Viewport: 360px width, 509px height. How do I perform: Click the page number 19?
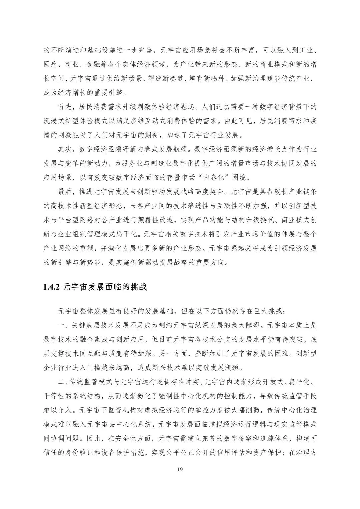pos(180,470)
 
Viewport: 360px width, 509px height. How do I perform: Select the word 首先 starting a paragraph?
pos(65,107)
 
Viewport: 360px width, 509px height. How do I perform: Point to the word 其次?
pos(65,149)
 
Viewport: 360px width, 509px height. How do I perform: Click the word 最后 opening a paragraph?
pos(65,192)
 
